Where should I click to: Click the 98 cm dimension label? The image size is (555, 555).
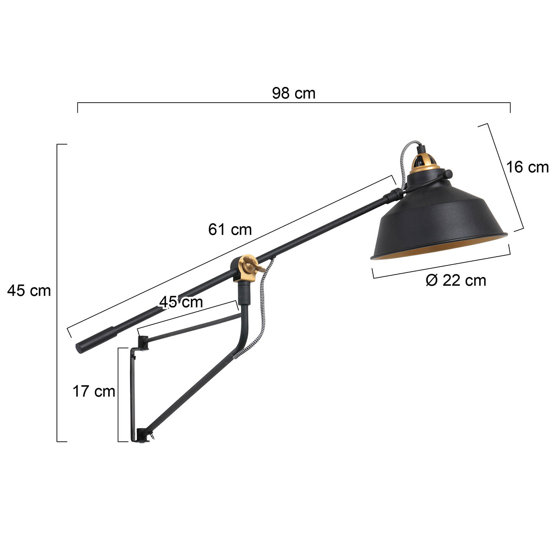pos(294,93)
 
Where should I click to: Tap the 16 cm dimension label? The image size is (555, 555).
pos(527,167)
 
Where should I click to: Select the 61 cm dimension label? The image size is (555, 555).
pos(230,229)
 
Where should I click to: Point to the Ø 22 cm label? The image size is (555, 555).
pos(456,280)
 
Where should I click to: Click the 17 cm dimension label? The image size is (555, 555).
pos(94,391)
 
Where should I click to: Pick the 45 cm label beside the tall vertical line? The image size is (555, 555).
pos(29,291)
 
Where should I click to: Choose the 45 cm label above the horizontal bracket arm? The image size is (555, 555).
pos(181,302)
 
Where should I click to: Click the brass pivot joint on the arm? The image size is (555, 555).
pos(246,268)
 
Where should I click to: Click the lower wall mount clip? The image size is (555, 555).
pos(143,435)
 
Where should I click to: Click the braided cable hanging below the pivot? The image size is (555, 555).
pos(261,305)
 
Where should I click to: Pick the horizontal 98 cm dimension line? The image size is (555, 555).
pos(294,104)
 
